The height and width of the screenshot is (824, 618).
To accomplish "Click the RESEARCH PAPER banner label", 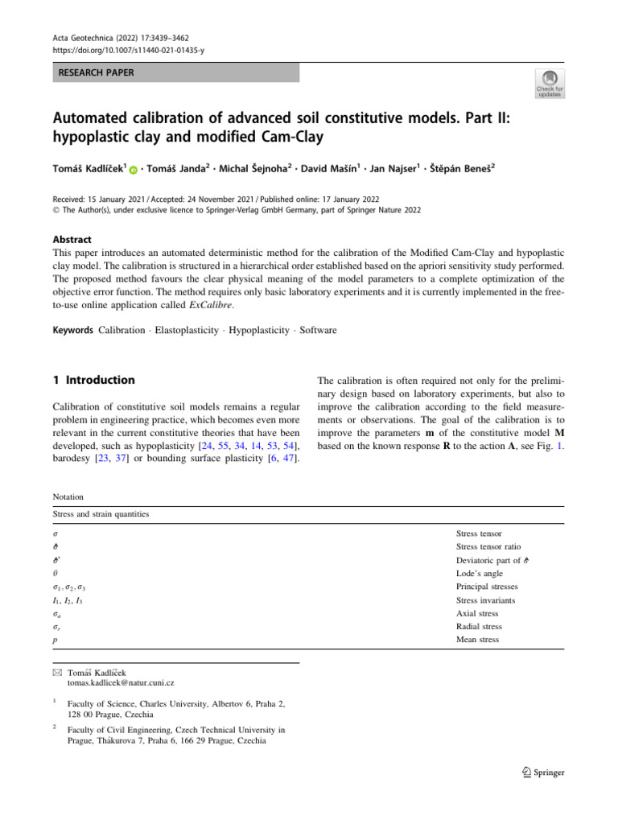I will click(x=95, y=73).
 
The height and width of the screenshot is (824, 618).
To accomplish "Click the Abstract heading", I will click(x=73, y=239).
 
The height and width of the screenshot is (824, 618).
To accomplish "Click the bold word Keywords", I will click(x=74, y=331).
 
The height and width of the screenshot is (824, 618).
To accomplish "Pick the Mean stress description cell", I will click(x=477, y=640).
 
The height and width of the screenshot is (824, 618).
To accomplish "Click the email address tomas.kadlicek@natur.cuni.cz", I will click(x=120, y=683).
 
